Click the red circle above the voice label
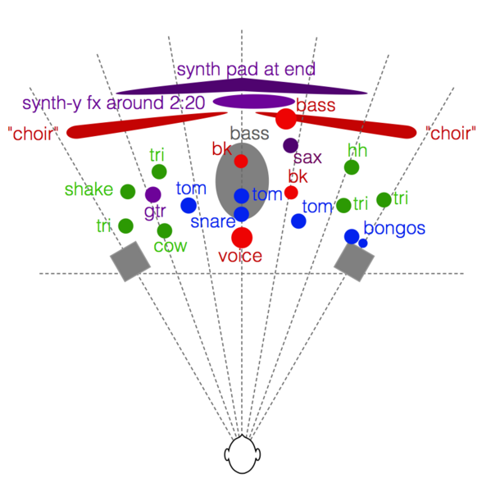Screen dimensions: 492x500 [x=241, y=238]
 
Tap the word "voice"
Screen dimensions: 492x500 [x=240, y=257]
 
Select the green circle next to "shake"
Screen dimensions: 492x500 [x=128, y=192]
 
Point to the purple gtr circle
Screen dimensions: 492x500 [x=152, y=195]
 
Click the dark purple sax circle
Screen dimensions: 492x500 [x=290, y=145]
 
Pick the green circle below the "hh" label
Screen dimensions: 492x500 [x=352, y=167]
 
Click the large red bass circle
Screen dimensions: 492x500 [x=285, y=119]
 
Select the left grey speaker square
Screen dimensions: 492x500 [x=130, y=262]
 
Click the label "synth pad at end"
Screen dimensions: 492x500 [x=246, y=69]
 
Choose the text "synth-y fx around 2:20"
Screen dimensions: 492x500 [x=113, y=104]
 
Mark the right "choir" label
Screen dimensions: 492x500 [x=451, y=134]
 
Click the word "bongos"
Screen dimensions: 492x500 [x=394, y=228]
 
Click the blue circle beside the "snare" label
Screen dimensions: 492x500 [x=241, y=214]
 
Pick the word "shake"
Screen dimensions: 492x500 [x=89, y=190]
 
